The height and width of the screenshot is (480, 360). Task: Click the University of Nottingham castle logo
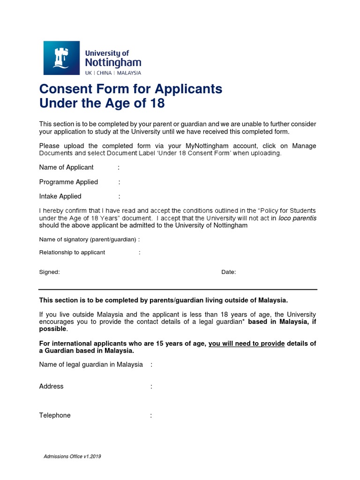pos(61,58)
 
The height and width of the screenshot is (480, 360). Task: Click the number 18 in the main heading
pos(158,104)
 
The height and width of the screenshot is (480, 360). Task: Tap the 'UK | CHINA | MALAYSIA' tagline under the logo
pos(112,73)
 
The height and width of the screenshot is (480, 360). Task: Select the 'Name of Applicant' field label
pos(66,167)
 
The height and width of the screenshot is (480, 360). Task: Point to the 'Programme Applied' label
pos(68,182)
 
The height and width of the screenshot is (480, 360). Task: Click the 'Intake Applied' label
pos(60,196)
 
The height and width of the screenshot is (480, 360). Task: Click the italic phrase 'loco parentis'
pos(298,218)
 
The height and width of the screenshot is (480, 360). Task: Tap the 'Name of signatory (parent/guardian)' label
pos(88,240)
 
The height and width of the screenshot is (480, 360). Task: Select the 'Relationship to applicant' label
pos(72,252)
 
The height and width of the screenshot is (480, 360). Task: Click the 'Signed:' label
pos(49,272)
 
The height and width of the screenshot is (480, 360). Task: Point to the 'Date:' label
pos(229,272)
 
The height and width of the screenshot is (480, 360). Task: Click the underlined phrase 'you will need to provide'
pos(247,344)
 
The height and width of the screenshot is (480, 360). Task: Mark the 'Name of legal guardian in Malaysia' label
pos(91,365)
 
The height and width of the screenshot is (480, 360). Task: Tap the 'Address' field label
pos(51,386)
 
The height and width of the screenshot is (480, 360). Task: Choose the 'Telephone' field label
pos(55,415)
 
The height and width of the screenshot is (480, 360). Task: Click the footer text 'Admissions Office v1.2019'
pos(72,457)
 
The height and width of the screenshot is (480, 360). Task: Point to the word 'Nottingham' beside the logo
pos(112,62)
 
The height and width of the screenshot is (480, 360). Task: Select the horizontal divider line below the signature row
pos(178,289)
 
